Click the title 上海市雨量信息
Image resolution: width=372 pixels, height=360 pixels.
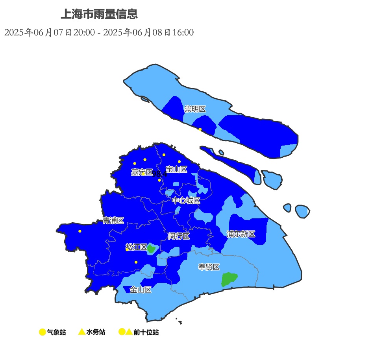coord(99,15)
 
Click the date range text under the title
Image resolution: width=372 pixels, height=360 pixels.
coord(99,32)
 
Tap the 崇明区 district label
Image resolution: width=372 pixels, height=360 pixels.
coord(195,109)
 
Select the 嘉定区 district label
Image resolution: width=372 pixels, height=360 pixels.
coord(142,172)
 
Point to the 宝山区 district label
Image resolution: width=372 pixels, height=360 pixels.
coord(176,169)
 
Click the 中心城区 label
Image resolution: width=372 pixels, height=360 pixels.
coord(186,201)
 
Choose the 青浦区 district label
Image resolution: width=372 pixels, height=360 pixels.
coord(113,221)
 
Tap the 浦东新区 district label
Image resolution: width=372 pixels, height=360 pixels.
coord(241,234)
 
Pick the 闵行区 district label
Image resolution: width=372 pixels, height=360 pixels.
coord(179,236)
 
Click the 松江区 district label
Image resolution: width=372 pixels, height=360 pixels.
coord(136,247)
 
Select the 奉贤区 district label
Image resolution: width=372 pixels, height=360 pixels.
coord(209,267)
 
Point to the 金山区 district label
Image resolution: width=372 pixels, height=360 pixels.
coord(141,290)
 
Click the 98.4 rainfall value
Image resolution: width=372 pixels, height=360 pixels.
coord(160,174)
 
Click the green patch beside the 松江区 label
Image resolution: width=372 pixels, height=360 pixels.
coord(151,249)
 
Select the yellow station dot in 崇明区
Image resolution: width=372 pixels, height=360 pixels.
coord(200,129)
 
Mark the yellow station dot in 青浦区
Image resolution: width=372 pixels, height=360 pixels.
coord(80,231)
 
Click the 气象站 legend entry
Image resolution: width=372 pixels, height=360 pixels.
coord(52,332)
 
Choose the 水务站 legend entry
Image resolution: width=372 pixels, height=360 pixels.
coord(92,332)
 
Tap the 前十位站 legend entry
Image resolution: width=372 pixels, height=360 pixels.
coord(139,332)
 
